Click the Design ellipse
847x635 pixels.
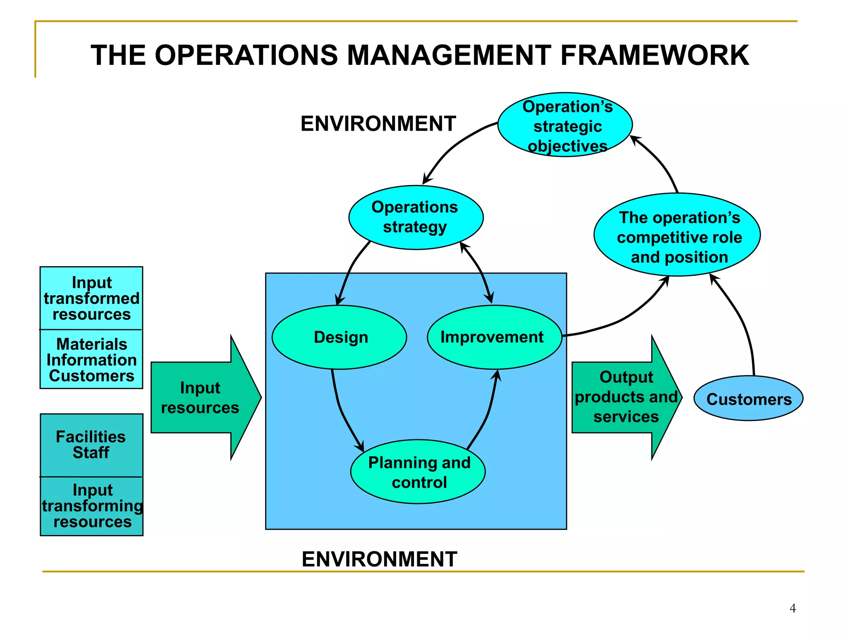340,337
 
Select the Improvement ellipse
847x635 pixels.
494,337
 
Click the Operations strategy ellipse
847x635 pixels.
416,217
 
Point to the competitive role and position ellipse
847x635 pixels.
677,235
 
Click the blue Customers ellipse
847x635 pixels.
748,399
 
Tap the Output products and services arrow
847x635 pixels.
624,398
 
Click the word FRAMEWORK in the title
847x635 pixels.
654,55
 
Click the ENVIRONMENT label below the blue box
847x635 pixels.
379,559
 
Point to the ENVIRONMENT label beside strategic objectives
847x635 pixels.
378,124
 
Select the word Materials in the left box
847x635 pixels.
91,344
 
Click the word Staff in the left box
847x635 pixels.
91,453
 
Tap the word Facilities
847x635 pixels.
91,437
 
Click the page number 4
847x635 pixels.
792,608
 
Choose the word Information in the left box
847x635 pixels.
91,360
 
